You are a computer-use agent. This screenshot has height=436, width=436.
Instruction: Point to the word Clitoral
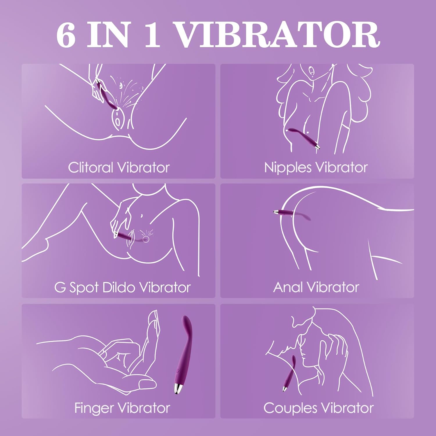click(90, 167)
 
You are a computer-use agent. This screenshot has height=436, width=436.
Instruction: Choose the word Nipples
click(288, 168)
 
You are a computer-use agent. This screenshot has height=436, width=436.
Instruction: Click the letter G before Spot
click(60, 287)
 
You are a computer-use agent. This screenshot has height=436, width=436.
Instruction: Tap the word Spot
click(85, 288)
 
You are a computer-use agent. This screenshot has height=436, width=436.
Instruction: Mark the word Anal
click(288, 287)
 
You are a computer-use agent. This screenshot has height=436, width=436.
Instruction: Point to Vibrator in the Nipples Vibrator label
click(342, 167)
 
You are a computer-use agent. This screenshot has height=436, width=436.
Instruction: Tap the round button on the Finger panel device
click(178, 371)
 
